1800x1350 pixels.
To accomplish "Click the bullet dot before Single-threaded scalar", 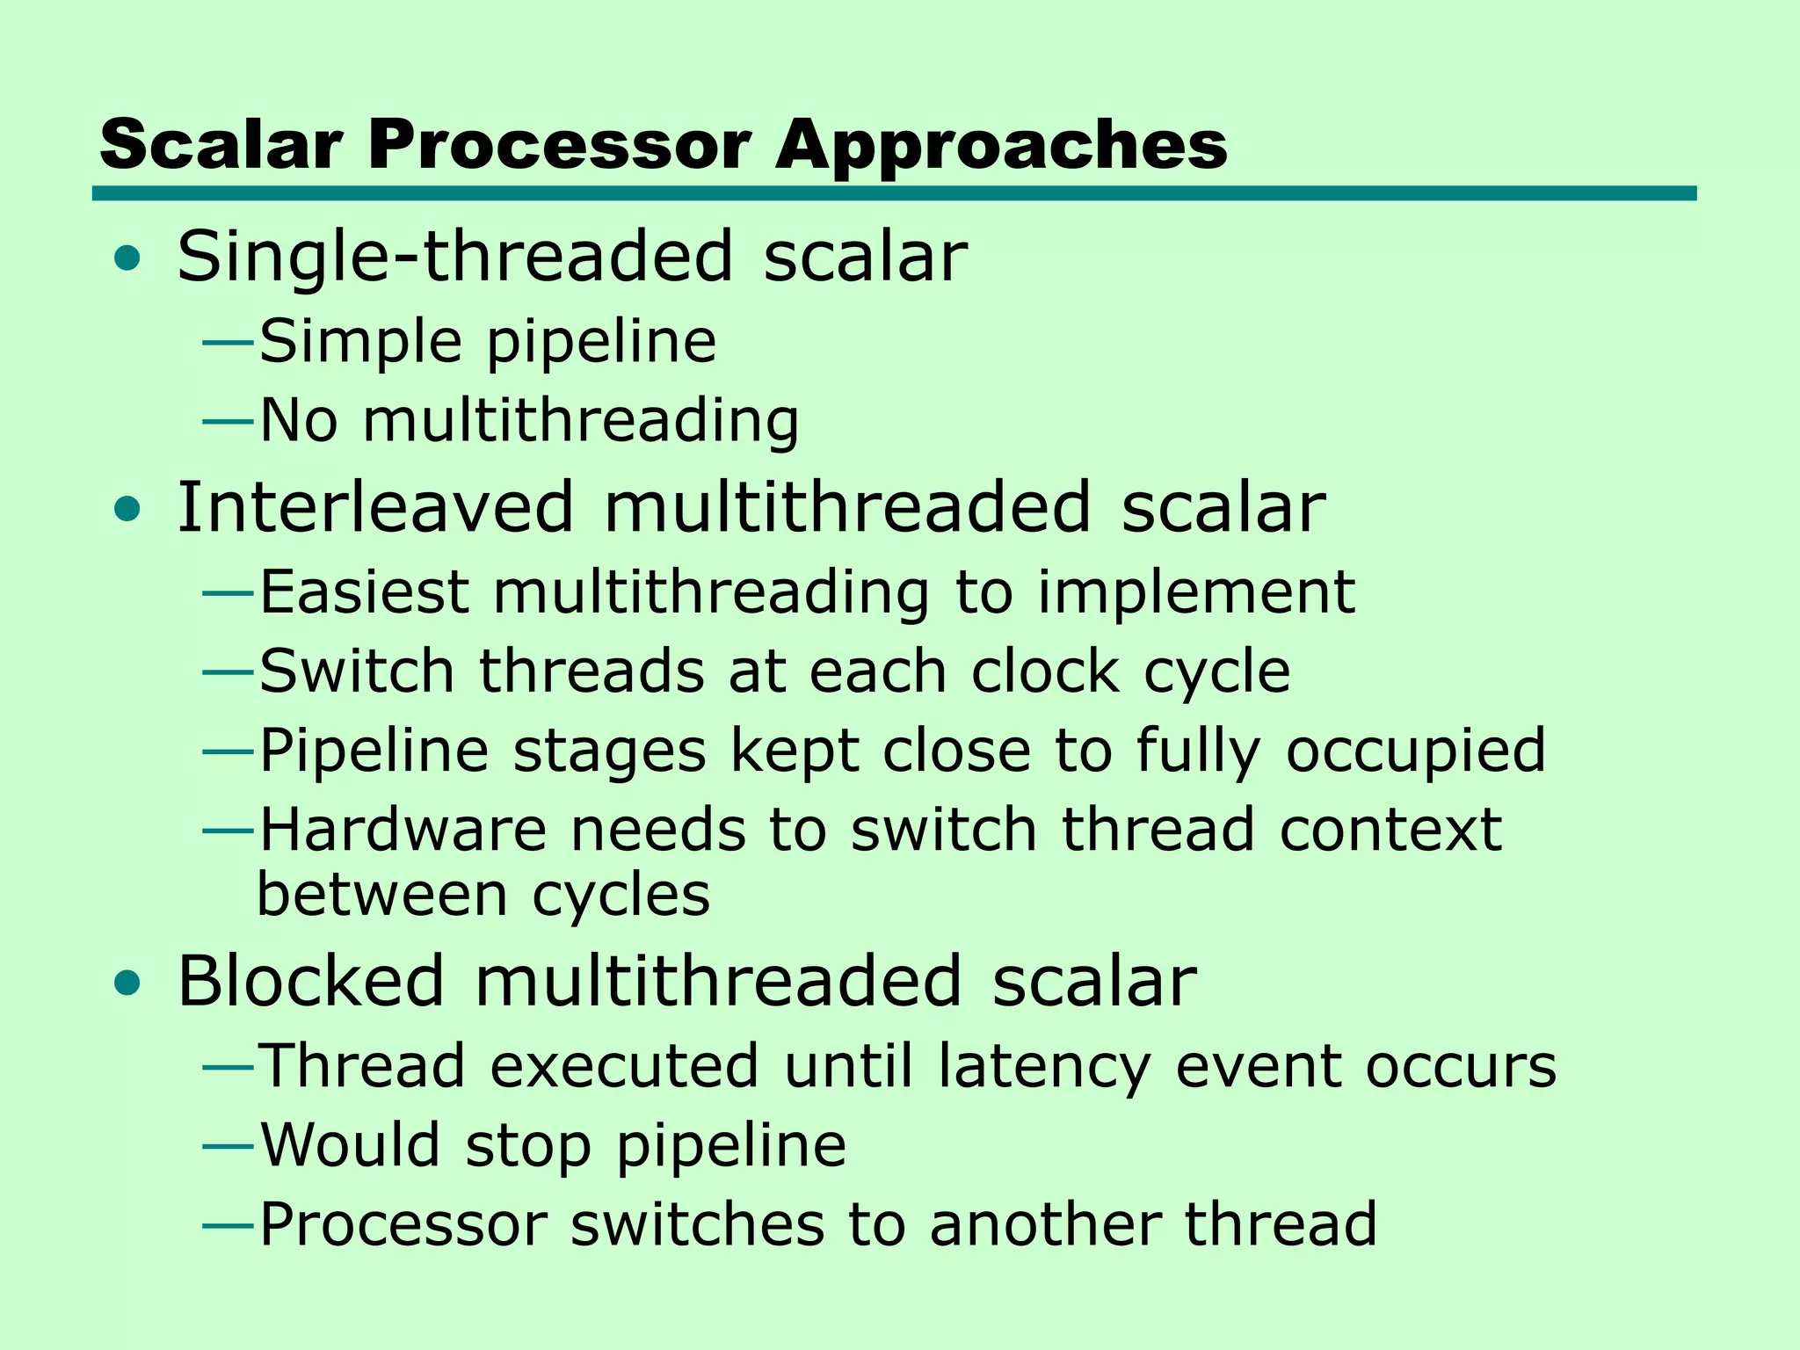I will point(127,258).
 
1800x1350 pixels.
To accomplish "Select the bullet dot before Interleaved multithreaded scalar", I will point(127,509).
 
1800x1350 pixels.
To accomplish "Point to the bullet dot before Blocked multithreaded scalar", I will point(127,983).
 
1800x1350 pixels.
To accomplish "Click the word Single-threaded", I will point(454,257).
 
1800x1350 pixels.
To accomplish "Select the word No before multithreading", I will point(299,420).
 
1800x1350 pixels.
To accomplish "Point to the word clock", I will point(1044,671).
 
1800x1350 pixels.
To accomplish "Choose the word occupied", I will point(1415,751).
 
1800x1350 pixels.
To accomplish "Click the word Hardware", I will point(403,830).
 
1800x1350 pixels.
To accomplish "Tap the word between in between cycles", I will point(382,896).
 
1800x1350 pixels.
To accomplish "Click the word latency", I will point(1043,1066).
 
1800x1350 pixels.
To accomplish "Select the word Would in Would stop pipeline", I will point(350,1145).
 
